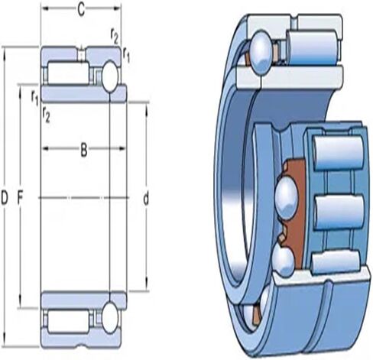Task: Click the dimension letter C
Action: click(81, 10)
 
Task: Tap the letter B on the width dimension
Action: click(84, 150)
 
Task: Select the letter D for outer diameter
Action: click(5, 199)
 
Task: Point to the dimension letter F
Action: click(20, 199)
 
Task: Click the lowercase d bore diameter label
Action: click(146, 199)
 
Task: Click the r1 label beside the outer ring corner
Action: click(126, 54)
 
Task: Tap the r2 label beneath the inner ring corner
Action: click(46, 115)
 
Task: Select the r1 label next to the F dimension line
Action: click(35, 98)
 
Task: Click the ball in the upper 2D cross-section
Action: click(110, 76)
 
